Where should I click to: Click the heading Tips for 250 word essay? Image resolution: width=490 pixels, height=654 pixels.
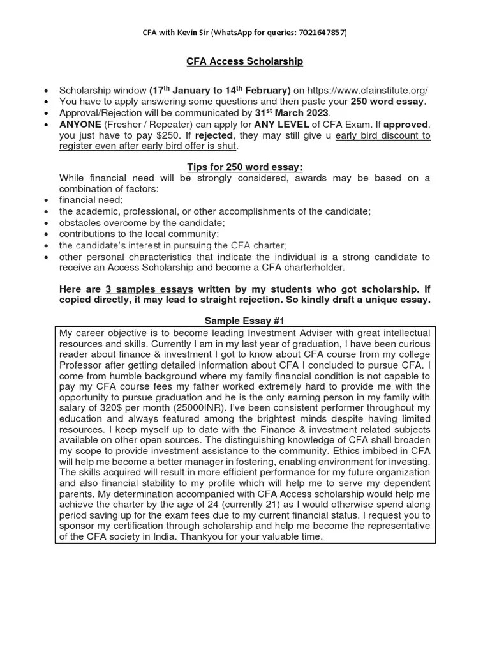point(244,167)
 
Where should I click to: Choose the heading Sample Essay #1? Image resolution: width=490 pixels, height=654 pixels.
point(244,321)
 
